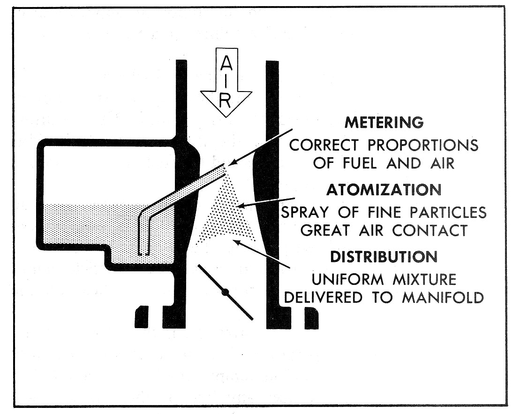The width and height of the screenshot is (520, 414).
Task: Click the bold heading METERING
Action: coord(384,123)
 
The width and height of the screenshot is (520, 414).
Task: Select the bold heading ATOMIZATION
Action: coord(384,190)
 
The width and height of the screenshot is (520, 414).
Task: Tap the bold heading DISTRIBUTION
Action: coord(384,257)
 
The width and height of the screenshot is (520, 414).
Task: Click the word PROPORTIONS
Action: coord(415,146)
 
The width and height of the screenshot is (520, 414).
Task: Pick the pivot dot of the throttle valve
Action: coord(225,292)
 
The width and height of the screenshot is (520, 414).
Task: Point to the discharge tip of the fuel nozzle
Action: coord(224,167)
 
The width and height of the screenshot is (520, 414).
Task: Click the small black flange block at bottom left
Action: coord(142,317)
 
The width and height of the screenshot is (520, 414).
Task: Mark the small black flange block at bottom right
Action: coord(311,318)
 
